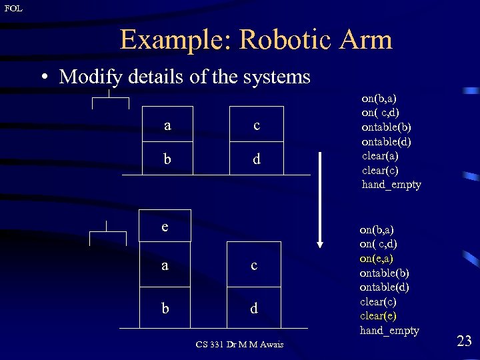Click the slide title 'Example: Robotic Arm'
tap(256, 40)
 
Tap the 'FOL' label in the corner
tap(13, 8)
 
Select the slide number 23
tap(464, 341)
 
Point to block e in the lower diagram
tap(165, 226)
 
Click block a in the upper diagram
tap(167, 125)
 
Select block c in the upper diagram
tap(256, 125)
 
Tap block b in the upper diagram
tap(167, 159)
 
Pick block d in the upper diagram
tap(256, 159)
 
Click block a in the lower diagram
tap(165, 265)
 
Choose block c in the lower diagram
tap(254, 265)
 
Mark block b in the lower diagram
tap(165, 308)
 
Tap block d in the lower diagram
tap(254, 308)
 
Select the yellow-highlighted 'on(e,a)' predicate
tap(377, 259)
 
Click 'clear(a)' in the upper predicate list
tap(380, 155)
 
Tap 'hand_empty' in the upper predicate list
tap(391, 185)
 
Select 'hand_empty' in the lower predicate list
tap(389, 331)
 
